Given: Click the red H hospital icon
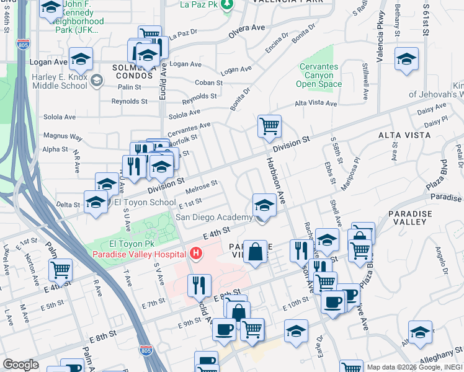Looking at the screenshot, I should point(197,253).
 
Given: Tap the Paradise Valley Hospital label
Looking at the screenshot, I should point(139,254).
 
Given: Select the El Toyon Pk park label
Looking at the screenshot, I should point(118,244).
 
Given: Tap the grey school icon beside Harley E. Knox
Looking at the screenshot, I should point(96,80).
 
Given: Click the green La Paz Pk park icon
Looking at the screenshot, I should point(228,5).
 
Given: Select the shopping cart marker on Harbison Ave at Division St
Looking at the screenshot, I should point(269,126).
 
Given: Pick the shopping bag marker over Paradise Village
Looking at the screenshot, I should point(255,252).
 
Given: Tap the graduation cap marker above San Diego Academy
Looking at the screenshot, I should point(264,205).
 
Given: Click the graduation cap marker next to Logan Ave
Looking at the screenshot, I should point(81,59).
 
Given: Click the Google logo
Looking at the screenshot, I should point(20,365).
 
